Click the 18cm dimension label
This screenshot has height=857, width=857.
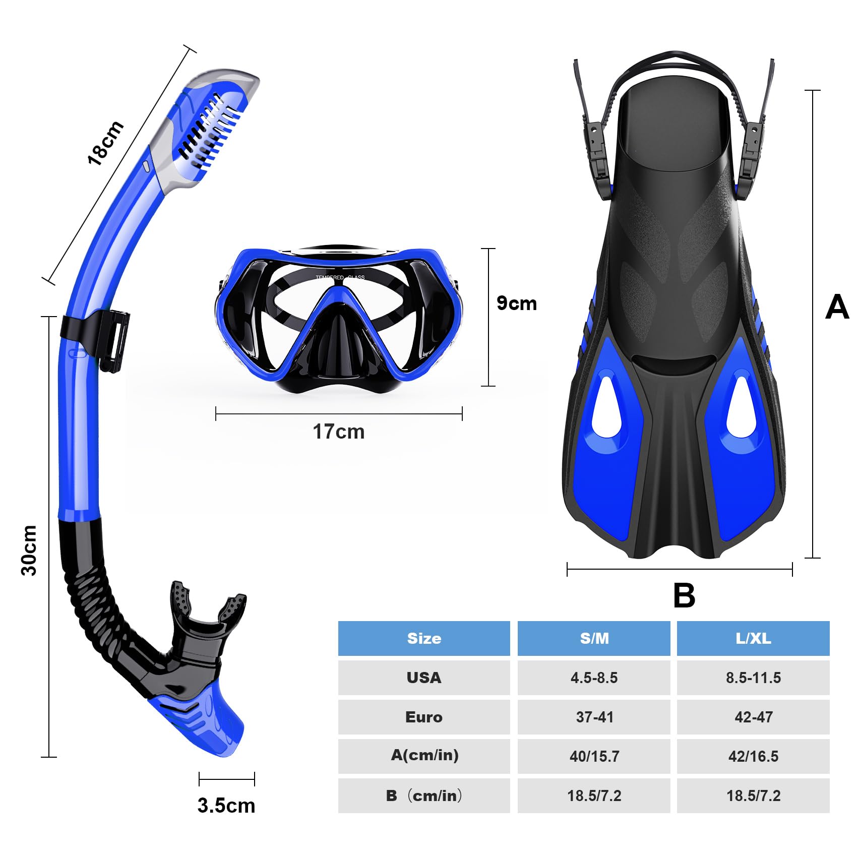[x=105, y=143]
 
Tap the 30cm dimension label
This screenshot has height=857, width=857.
[x=30, y=550]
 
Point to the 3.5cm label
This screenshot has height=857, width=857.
[x=226, y=805]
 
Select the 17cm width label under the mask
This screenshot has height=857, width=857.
[x=338, y=432]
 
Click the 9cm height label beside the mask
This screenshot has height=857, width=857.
[x=516, y=303]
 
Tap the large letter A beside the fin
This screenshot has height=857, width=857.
[x=837, y=307]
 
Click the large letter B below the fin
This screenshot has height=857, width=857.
[x=684, y=595]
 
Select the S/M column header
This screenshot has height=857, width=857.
[x=594, y=638]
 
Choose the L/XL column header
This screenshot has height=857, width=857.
[x=753, y=638]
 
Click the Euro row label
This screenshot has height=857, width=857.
[x=424, y=717]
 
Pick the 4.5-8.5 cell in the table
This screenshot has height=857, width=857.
[x=594, y=678]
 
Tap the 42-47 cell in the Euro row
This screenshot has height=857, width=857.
[x=753, y=717]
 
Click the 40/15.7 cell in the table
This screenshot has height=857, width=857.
[x=594, y=756]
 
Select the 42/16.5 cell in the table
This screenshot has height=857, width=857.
[x=753, y=756]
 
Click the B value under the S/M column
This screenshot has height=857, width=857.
[x=594, y=795]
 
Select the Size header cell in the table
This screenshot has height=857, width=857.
[x=424, y=638]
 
